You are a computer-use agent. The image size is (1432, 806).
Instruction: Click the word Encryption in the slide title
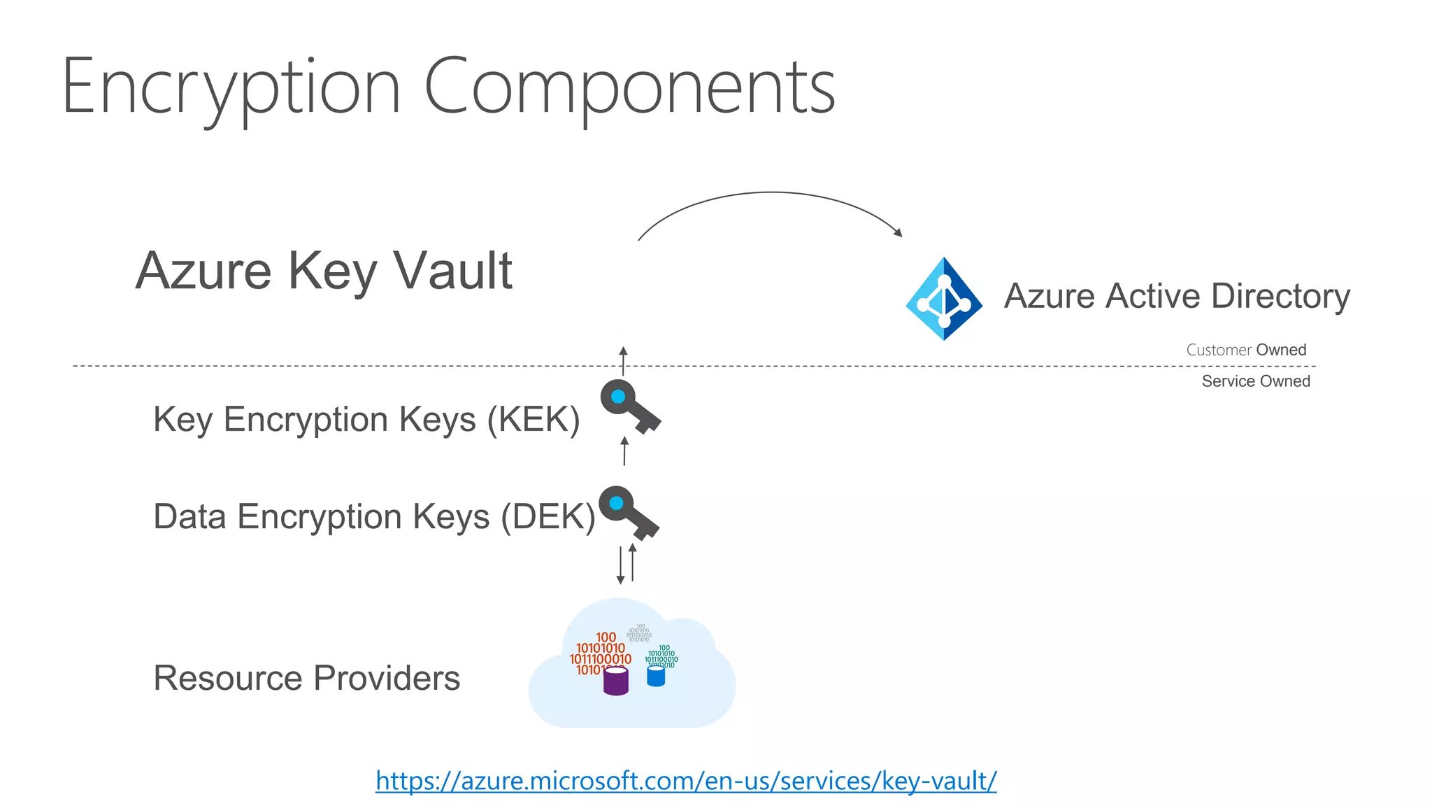click(x=231, y=87)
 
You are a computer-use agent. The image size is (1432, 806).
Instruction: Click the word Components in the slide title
click(x=629, y=87)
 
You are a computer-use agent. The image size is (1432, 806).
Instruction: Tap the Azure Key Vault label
click(x=324, y=271)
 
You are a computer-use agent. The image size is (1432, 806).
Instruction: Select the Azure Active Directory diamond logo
click(x=944, y=299)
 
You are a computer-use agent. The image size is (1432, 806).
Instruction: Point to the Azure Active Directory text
click(x=1177, y=296)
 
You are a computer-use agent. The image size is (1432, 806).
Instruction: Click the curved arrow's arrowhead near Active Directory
click(x=898, y=232)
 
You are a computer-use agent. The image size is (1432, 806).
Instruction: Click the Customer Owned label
click(x=1246, y=350)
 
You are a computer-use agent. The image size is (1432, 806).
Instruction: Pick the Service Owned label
click(x=1256, y=381)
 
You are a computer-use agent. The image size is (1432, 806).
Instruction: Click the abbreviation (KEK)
click(x=534, y=420)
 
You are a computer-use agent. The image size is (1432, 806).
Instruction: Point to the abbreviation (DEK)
click(x=548, y=517)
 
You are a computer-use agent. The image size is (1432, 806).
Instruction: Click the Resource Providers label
click(x=306, y=678)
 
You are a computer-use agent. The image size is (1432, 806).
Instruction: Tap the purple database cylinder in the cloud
click(x=615, y=681)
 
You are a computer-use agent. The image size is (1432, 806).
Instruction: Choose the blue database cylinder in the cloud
click(x=656, y=677)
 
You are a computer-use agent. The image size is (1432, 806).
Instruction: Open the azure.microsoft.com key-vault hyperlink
click(x=686, y=781)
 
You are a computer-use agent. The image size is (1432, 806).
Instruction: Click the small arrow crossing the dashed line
click(x=624, y=360)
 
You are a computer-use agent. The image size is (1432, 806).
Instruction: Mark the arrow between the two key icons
click(x=624, y=451)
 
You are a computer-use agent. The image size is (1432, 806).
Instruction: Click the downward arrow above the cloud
click(x=620, y=565)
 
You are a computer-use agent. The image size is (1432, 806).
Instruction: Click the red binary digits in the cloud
click(x=600, y=653)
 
